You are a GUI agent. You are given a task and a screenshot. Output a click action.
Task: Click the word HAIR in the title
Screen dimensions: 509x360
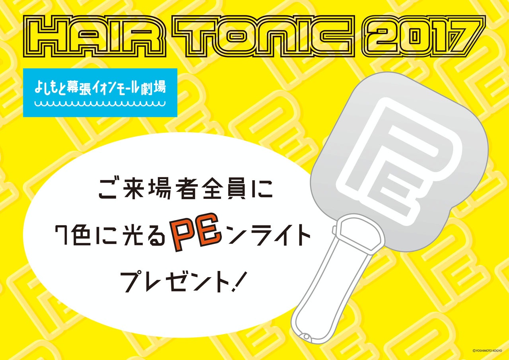pyautogui.click(x=95, y=36)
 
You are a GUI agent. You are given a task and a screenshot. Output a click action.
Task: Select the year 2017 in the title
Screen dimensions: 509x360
pyautogui.click(x=424, y=36)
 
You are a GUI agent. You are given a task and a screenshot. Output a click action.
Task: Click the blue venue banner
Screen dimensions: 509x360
pyautogui.click(x=100, y=93)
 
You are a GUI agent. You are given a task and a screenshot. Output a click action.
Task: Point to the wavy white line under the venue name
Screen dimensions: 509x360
pyautogui.click(x=100, y=104)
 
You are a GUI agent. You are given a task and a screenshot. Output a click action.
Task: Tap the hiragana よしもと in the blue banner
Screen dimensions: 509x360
pyautogui.click(x=51, y=87)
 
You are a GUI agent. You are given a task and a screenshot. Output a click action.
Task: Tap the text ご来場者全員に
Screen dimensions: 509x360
pyautogui.click(x=186, y=188)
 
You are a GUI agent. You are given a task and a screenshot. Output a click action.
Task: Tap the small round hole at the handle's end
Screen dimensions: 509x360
pyautogui.click(x=307, y=336)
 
